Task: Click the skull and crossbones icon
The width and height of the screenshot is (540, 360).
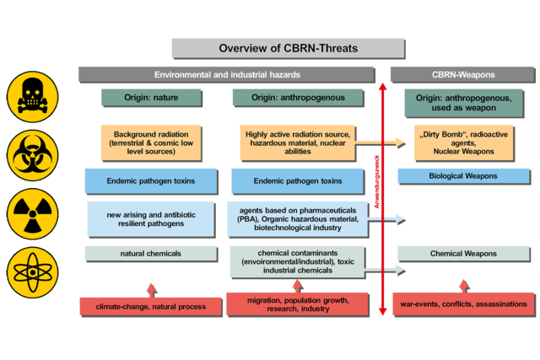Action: pos(32,97)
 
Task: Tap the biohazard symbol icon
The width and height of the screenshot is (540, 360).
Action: pos(32,155)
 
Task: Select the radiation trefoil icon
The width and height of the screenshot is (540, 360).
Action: pos(32,214)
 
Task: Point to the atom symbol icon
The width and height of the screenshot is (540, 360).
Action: pos(32,272)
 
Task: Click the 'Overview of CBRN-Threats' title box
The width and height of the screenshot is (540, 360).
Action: pos(289,48)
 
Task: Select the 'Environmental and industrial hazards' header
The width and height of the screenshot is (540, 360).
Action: pos(227,75)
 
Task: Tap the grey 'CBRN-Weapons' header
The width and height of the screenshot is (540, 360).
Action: pos(463,75)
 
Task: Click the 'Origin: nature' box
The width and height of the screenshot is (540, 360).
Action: pos(152,98)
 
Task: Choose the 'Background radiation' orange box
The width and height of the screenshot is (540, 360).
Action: pos(151,142)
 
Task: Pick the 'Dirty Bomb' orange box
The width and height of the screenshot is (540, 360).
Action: pos(464,142)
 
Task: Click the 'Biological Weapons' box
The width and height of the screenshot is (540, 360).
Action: pos(464,176)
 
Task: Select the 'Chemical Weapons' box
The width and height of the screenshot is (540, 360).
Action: pos(464,254)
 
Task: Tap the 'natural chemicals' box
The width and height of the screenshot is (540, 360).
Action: pos(151,254)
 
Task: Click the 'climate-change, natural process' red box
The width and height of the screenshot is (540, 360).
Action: pos(151,307)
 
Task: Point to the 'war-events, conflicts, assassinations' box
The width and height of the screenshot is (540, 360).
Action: pos(464,304)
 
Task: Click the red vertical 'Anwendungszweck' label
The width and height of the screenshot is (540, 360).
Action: pos(377,182)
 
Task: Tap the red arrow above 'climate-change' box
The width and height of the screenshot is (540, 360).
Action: pos(151,291)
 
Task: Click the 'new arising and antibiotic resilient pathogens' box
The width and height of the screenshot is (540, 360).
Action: pos(151,219)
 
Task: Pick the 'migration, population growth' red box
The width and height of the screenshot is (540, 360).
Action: pos(298,304)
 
